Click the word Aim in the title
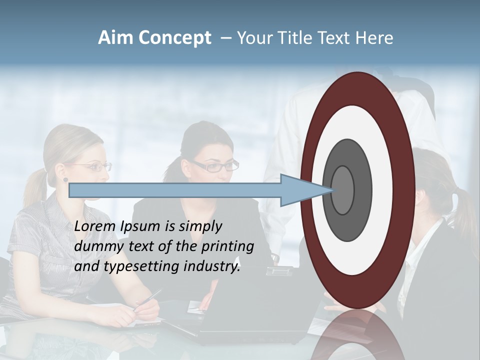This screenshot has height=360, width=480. (116, 38)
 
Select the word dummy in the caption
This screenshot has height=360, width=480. (97, 246)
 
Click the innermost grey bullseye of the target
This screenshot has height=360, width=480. (342, 190)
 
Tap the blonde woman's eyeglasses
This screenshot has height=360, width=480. (95, 167)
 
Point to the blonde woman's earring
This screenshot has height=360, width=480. (65, 179)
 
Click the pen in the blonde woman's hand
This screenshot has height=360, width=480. (148, 299)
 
